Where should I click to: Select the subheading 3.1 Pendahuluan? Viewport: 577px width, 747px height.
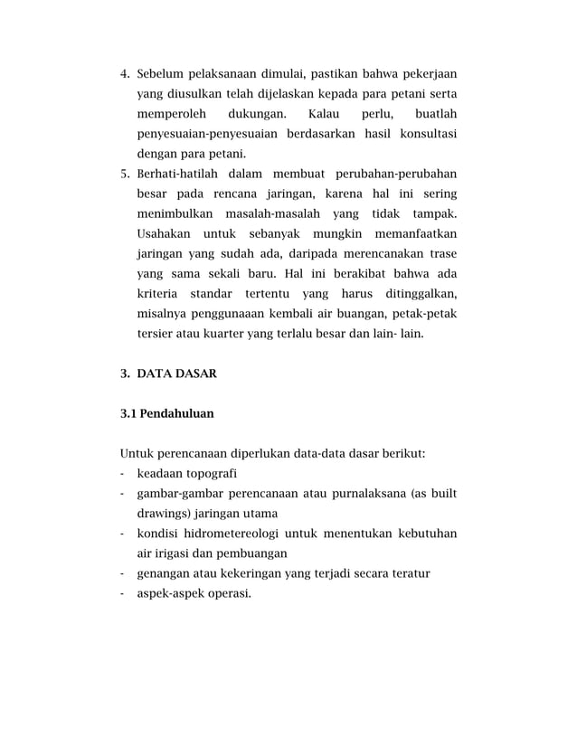click(x=166, y=413)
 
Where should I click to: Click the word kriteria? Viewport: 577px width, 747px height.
click(x=156, y=293)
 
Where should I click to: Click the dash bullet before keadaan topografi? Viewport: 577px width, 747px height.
click(x=122, y=473)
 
